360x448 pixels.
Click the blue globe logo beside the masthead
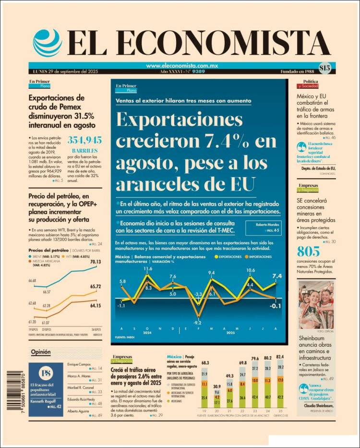47,44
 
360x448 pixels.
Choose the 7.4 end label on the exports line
277,276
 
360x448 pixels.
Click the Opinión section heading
41,352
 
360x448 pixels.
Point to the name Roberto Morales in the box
262,224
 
